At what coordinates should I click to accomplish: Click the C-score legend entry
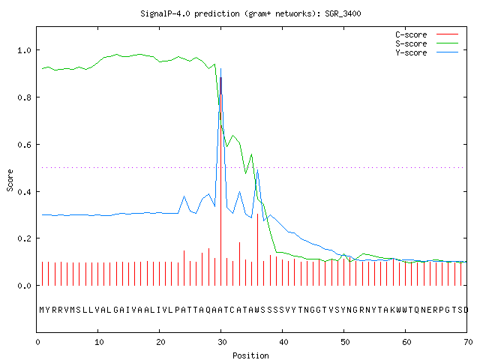(x=427, y=34)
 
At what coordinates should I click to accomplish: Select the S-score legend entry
(x=427, y=43)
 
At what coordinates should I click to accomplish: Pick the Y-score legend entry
(x=427, y=52)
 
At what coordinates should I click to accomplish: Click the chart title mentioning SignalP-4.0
(x=250, y=13)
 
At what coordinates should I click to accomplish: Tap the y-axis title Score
(x=10, y=180)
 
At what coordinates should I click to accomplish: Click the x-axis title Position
(x=250, y=355)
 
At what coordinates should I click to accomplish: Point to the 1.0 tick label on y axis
(x=24, y=50)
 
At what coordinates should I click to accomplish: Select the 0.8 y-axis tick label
(x=24, y=97)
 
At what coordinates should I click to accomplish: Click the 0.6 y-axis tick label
(x=24, y=145)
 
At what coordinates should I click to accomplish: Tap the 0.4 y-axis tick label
(x=24, y=192)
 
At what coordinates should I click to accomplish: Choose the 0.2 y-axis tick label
(x=24, y=238)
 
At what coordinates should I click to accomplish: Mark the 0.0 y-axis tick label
(x=24, y=286)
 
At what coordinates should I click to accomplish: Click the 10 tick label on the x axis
(x=99, y=342)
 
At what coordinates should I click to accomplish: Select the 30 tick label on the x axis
(x=222, y=342)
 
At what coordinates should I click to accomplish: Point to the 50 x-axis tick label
(x=345, y=342)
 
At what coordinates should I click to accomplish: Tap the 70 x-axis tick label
(x=468, y=342)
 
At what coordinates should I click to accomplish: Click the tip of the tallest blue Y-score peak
(x=220, y=68)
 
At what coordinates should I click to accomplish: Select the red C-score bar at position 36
(x=258, y=250)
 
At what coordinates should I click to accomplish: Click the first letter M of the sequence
(x=42, y=310)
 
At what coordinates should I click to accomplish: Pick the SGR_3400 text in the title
(x=343, y=13)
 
